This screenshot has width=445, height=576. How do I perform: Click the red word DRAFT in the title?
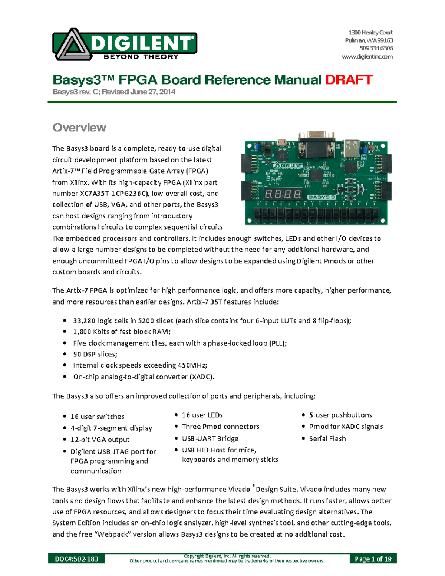349,80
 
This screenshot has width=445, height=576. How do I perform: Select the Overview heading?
79,128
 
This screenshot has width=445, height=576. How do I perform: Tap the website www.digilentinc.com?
367,57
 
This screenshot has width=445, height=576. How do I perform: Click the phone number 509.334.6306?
376,48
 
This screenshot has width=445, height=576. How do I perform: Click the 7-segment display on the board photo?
283,194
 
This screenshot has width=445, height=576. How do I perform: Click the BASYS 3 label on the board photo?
322,197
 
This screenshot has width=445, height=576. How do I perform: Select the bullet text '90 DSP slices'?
95,354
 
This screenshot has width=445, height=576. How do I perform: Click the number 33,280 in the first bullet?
84,321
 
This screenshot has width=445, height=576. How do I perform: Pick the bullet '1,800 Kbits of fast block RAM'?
122,332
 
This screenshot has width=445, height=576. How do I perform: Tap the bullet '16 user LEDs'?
202,415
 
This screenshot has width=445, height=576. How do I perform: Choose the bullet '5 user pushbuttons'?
340,415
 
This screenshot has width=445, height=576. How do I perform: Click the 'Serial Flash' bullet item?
327,438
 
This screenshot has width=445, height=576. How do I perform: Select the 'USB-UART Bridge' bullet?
210,438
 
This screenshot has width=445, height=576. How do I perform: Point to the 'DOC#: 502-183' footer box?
76,559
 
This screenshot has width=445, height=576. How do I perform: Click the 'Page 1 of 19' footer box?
373,559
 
